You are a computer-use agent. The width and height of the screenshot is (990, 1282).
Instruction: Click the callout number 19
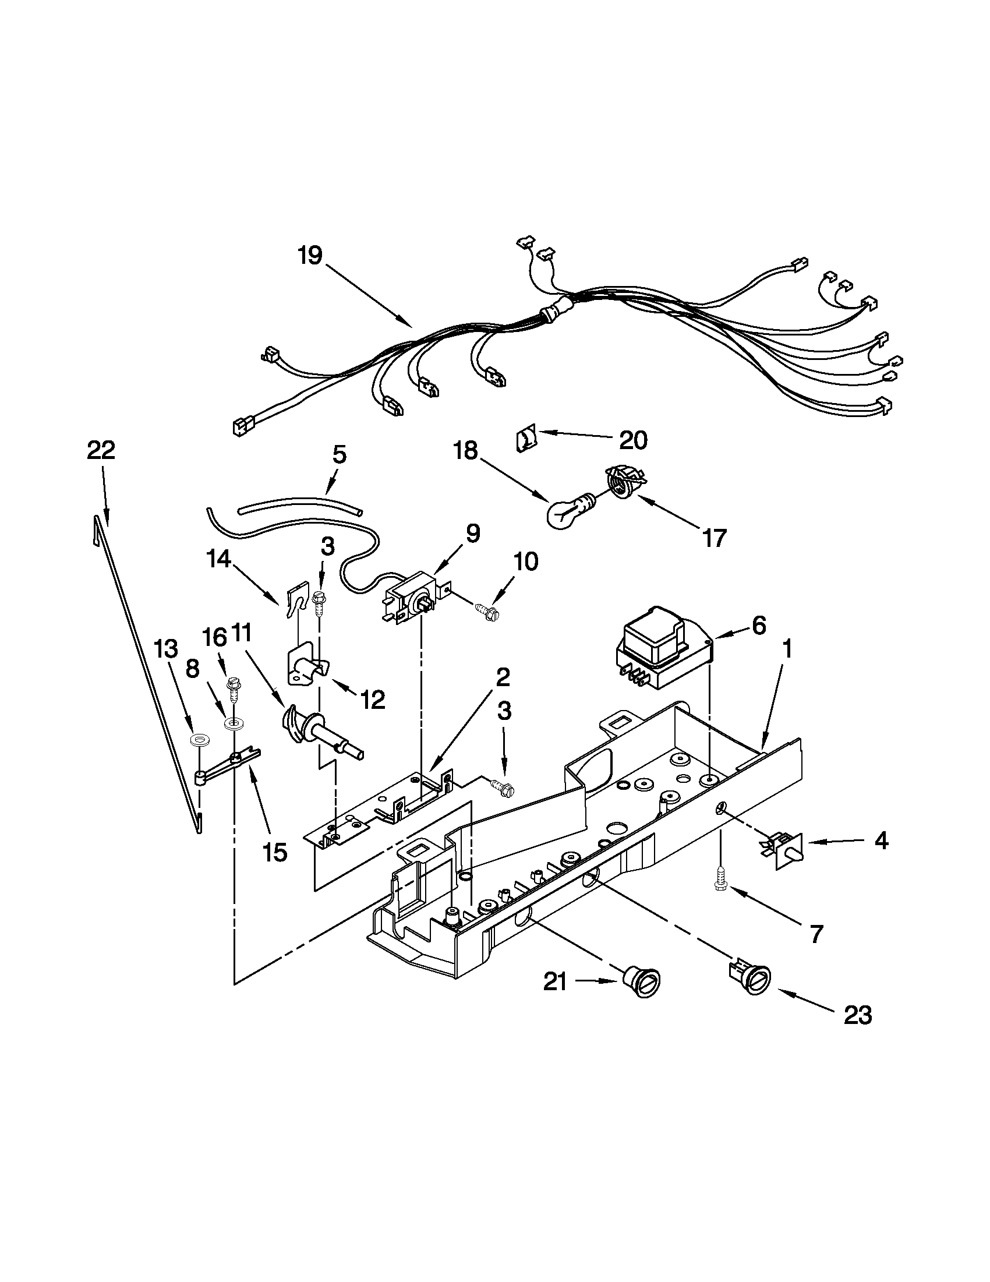(x=309, y=256)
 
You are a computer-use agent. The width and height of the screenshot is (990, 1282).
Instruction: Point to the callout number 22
(x=101, y=451)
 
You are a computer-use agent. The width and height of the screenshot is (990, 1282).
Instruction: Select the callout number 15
(x=275, y=852)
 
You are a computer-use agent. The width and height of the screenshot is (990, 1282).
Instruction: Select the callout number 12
(x=373, y=698)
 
